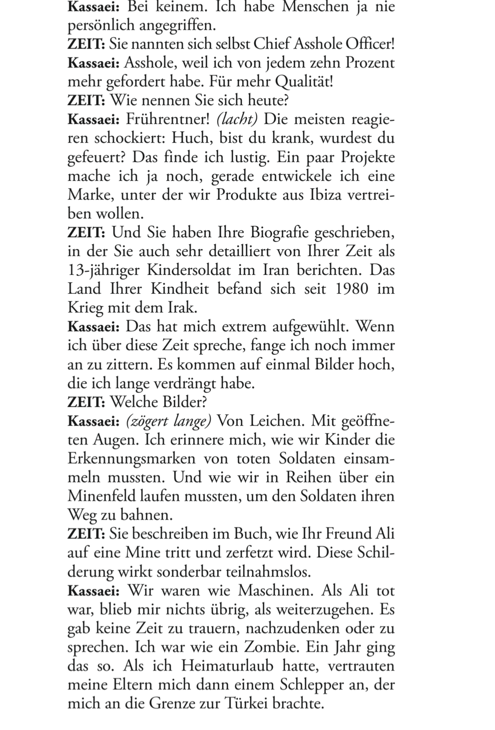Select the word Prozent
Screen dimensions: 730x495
(x=370, y=63)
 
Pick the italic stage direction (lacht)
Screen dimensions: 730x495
(x=237, y=119)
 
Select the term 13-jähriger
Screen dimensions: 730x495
(x=104, y=270)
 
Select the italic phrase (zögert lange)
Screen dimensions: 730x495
(x=169, y=420)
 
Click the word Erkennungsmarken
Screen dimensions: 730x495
(x=132, y=458)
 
